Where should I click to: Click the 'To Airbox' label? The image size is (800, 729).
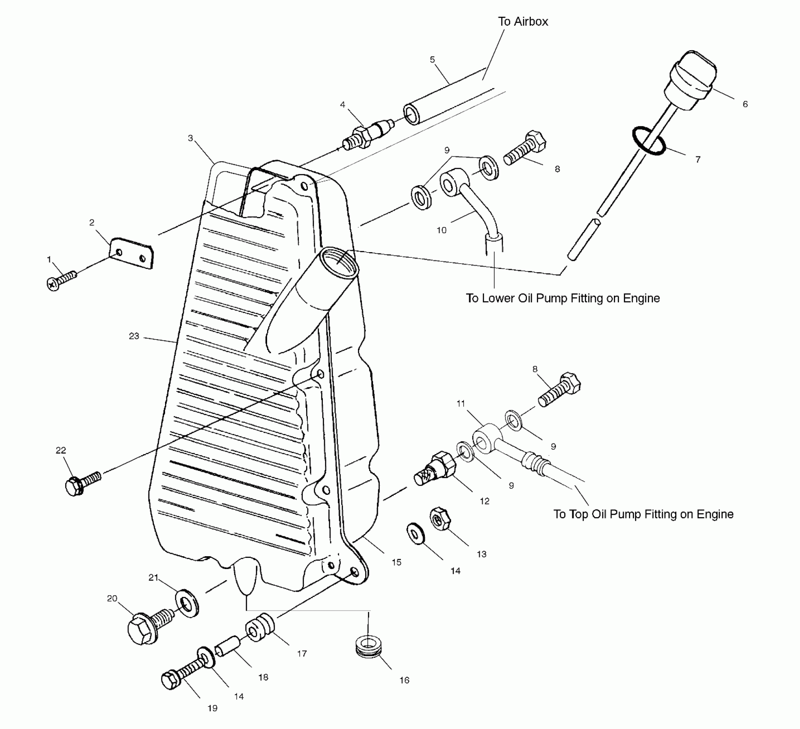point(523,21)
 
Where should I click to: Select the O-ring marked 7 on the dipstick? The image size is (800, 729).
point(649,141)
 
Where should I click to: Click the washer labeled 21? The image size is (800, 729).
point(187,603)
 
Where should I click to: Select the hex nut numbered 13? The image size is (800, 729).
point(439,519)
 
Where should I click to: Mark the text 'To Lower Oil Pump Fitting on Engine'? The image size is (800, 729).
point(562,298)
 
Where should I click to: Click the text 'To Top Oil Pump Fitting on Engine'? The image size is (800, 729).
point(643,514)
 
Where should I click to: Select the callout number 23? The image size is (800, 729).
point(134,336)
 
